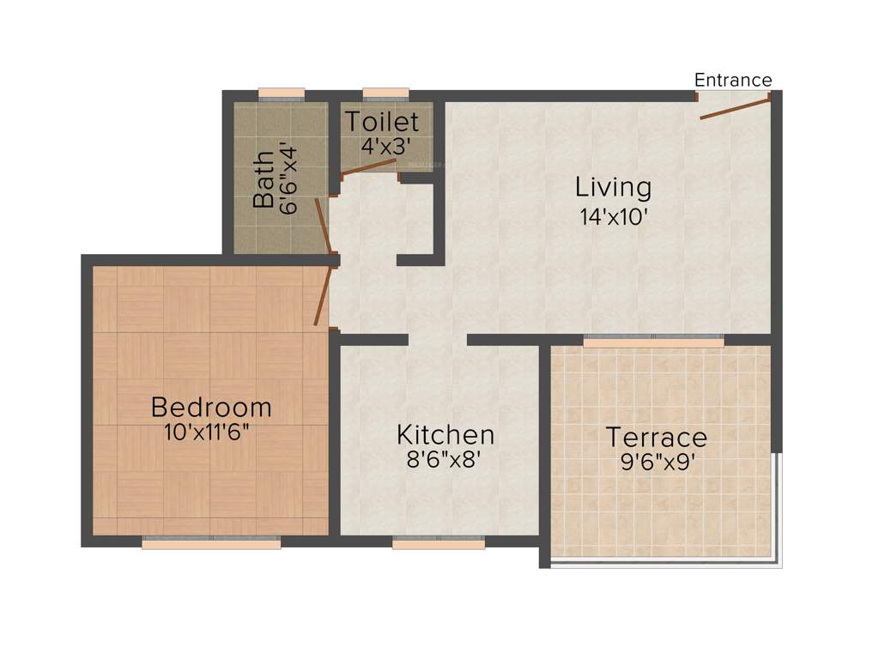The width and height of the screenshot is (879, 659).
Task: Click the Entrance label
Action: click(733, 80)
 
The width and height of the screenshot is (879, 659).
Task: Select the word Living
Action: click(613, 186)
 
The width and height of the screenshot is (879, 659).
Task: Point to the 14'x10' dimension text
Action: click(613, 215)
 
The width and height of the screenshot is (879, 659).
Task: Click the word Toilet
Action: click(382, 122)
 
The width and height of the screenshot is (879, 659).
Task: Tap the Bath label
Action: click(264, 180)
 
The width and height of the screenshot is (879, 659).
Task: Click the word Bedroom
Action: click(211, 406)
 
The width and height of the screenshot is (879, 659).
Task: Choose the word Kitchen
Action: click(445, 434)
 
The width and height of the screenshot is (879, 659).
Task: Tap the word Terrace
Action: click(657, 438)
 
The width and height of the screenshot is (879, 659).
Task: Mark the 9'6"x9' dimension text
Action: click(657, 463)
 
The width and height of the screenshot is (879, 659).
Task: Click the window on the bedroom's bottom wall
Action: click(211, 542)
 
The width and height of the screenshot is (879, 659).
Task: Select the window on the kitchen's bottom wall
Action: click(439, 542)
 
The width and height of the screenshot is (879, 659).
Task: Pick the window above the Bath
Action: click(282, 94)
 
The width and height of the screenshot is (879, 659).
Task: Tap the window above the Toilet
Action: click(385, 94)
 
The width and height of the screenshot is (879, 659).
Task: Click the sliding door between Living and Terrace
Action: click(653, 340)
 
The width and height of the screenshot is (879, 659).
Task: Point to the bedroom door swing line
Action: click(323, 295)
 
